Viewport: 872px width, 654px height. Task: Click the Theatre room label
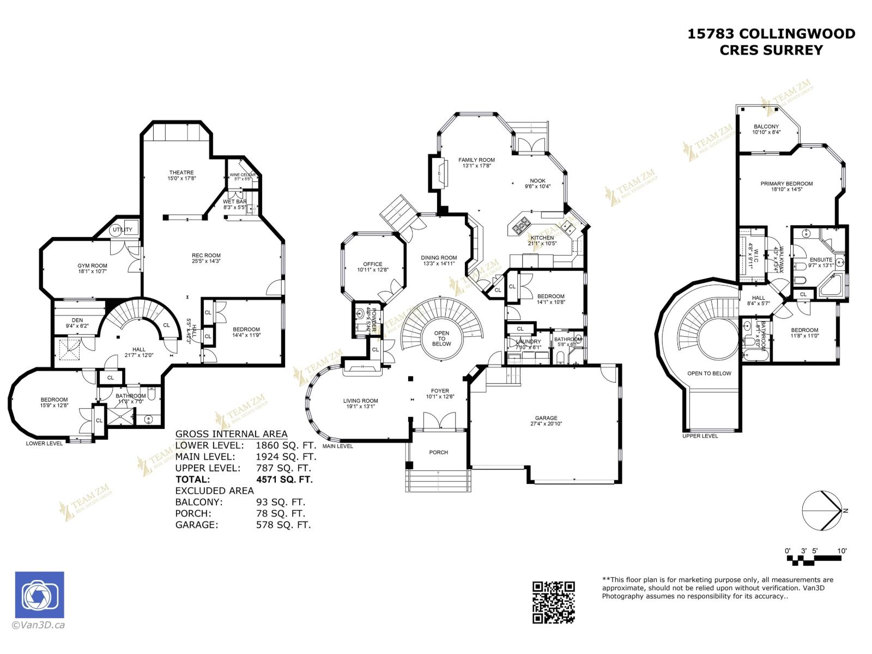click(x=181, y=173)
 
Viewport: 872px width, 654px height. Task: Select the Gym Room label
click(x=92, y=266)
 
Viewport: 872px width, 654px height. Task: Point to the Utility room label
click(x=122, y=229)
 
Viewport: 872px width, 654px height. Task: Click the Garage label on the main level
click(x=546, y=418)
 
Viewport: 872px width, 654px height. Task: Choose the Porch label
click(x=438, y=452)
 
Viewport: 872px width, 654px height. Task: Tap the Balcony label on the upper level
click(x=766, y=126)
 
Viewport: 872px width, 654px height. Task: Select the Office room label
click(x=373, y=264)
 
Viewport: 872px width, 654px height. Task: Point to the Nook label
click(x=537, y=181)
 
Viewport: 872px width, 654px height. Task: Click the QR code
click(x=553, y=602)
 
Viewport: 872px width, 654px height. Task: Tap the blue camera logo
click(x=39, y=595)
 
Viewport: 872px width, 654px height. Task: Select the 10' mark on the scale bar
click(x=841, y=551)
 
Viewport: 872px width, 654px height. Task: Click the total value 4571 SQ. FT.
click(x=284, y=480)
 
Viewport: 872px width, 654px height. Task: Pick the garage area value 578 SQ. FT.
click(x=283, y=525)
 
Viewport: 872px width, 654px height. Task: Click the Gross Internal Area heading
click(x=231, y=434)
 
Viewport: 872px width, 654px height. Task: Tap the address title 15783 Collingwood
click(x=771, y=34)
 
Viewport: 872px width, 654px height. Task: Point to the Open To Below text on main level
click(x=441, y=338)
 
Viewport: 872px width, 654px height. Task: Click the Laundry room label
click(x=528, y=342)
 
